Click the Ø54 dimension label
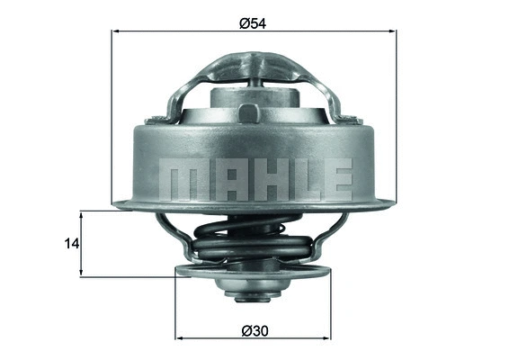[x=253, y=22]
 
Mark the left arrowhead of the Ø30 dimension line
[x=179, y=339]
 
